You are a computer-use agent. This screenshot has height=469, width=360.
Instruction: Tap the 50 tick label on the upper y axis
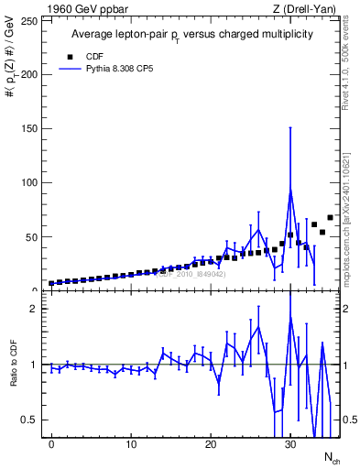point(33,236)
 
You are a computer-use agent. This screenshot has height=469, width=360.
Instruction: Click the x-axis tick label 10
point(131,445)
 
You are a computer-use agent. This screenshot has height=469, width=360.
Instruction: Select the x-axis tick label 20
point(211,445)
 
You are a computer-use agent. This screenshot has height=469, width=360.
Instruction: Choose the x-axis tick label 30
point(290,445)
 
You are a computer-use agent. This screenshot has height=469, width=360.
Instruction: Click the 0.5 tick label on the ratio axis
point(33,420)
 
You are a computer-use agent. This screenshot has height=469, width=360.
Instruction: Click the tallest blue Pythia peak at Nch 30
point(290,190)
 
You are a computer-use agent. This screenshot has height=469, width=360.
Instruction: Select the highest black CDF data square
point(330,218)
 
